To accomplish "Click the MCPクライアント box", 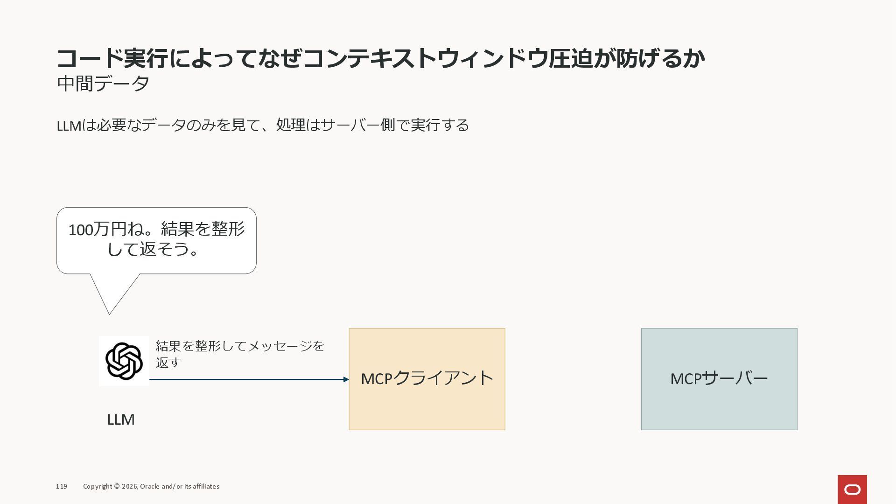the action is tap(427, 379).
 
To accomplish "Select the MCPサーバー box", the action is tap(719, 379).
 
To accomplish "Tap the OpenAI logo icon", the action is tap(124, 361).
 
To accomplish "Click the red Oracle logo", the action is tap(852, 489).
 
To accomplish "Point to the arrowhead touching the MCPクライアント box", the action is tap(346, 379).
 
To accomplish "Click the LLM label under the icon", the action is tap(121, 420).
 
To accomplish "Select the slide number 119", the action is tap(62, 486).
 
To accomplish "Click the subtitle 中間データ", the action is tap(103, 84).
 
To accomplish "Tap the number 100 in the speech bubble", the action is tap(80, 230).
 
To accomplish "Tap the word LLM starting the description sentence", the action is tap(69, 126).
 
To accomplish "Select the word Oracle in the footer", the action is tap(149, 486).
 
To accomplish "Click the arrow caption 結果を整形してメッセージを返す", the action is tap(239, 354).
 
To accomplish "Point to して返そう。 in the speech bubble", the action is tap(154, 249).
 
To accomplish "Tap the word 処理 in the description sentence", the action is tap(291, 125).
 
